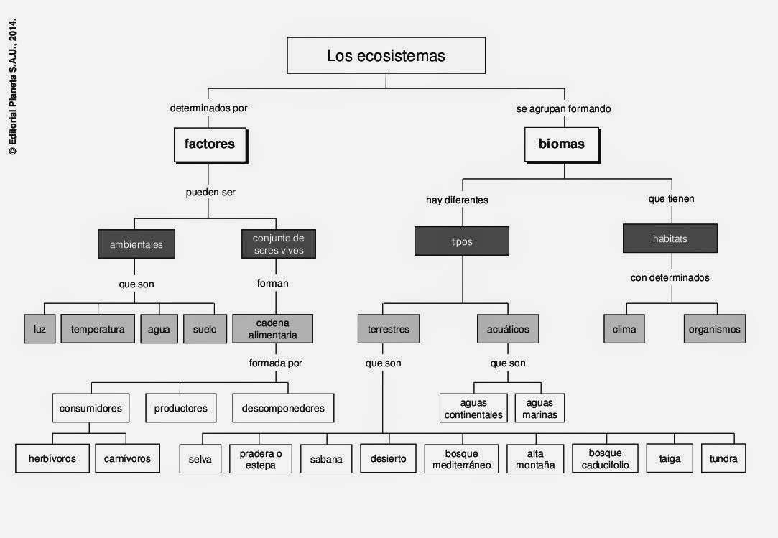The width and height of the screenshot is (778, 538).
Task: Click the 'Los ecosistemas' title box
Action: pos(386,56)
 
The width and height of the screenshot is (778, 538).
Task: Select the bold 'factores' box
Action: pos(210,144)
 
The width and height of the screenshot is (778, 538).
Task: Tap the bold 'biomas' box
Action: pos(562,144)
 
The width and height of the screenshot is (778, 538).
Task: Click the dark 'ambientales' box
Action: pos(136,244)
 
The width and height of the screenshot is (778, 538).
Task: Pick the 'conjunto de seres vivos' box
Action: pos(279,244)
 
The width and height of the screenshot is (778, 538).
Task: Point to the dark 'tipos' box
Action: pos(462,241)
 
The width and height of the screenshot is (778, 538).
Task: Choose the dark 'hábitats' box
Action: pos(670,239)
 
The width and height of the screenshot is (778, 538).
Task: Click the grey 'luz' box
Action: pos(40,330)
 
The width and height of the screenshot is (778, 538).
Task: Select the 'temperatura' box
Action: pos(98,330)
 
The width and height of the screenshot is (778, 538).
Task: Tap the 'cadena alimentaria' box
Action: pos(272,329)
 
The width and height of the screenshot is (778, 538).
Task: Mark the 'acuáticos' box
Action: pos(508,330)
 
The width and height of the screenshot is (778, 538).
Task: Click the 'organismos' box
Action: pos(715,330)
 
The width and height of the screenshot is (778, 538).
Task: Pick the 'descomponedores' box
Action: pos(283,408)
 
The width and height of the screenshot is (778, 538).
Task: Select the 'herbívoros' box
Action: pos(52,458)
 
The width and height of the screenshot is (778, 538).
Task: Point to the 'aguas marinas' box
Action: pos(539,409)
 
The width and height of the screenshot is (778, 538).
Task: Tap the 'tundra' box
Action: pos(723,458)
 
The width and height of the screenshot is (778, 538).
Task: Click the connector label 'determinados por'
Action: pos(209,108)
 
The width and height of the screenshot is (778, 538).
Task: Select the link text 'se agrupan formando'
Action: pos(563,109)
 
